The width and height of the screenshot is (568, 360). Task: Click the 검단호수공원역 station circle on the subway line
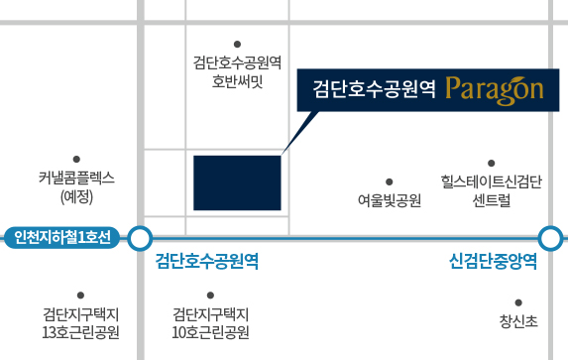140,238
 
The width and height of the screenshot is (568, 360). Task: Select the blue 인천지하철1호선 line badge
61,238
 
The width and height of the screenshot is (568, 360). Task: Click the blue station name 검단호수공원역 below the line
207,261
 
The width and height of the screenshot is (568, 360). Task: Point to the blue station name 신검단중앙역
493,261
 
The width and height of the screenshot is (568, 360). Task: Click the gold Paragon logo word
495,90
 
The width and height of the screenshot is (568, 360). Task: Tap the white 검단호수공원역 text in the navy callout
374,89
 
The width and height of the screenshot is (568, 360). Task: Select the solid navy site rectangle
237,182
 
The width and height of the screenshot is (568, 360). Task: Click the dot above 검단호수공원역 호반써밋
237,45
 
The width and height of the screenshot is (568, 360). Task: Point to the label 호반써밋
237,81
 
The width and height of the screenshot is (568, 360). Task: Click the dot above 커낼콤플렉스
76,159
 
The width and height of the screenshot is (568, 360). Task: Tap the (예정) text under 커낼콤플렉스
76,196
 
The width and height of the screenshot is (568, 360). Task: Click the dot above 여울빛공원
389,181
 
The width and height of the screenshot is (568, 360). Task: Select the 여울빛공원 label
390,200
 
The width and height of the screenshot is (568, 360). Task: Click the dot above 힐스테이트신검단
492,164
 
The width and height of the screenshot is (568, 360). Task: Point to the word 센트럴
492,200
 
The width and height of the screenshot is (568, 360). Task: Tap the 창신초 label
518,321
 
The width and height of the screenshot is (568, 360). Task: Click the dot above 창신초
518,302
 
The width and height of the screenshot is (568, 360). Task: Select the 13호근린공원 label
80,332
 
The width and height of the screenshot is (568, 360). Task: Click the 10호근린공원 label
210,332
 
